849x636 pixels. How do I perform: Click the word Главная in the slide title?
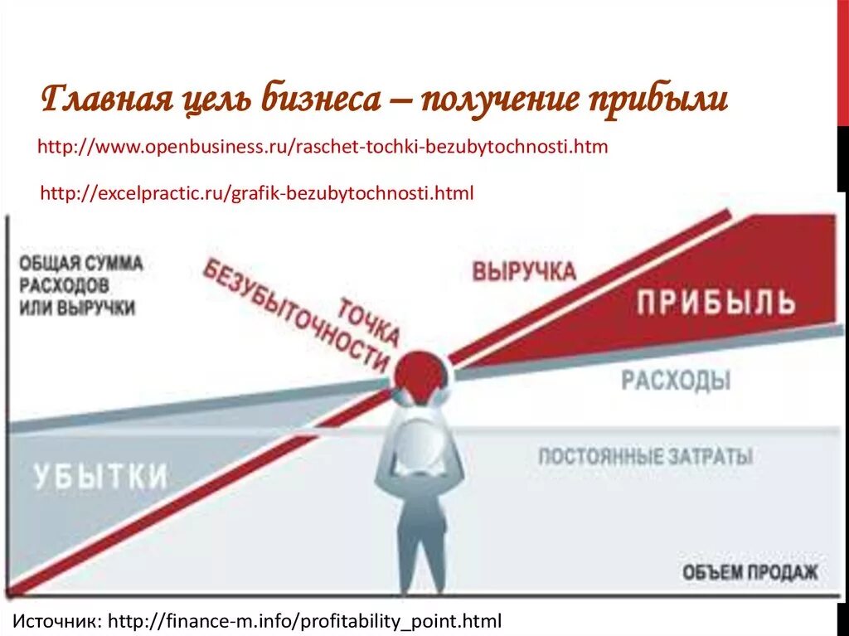click(x=105, y=101)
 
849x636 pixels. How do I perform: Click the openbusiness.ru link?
click(x=323, y=148)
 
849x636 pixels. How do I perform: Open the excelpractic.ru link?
click(x=257, y=194)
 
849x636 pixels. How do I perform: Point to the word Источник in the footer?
click(x=58, y=620)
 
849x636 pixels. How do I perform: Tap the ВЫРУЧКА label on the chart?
click(x=524, y=272)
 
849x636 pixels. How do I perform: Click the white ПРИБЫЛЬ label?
click(x=716, y=303)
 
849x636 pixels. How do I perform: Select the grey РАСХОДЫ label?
click(x=677, y=381)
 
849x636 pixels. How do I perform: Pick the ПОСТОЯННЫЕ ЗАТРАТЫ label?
click(x=645, y=456)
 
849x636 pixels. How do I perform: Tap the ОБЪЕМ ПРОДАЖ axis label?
click(x=750, y=572)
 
